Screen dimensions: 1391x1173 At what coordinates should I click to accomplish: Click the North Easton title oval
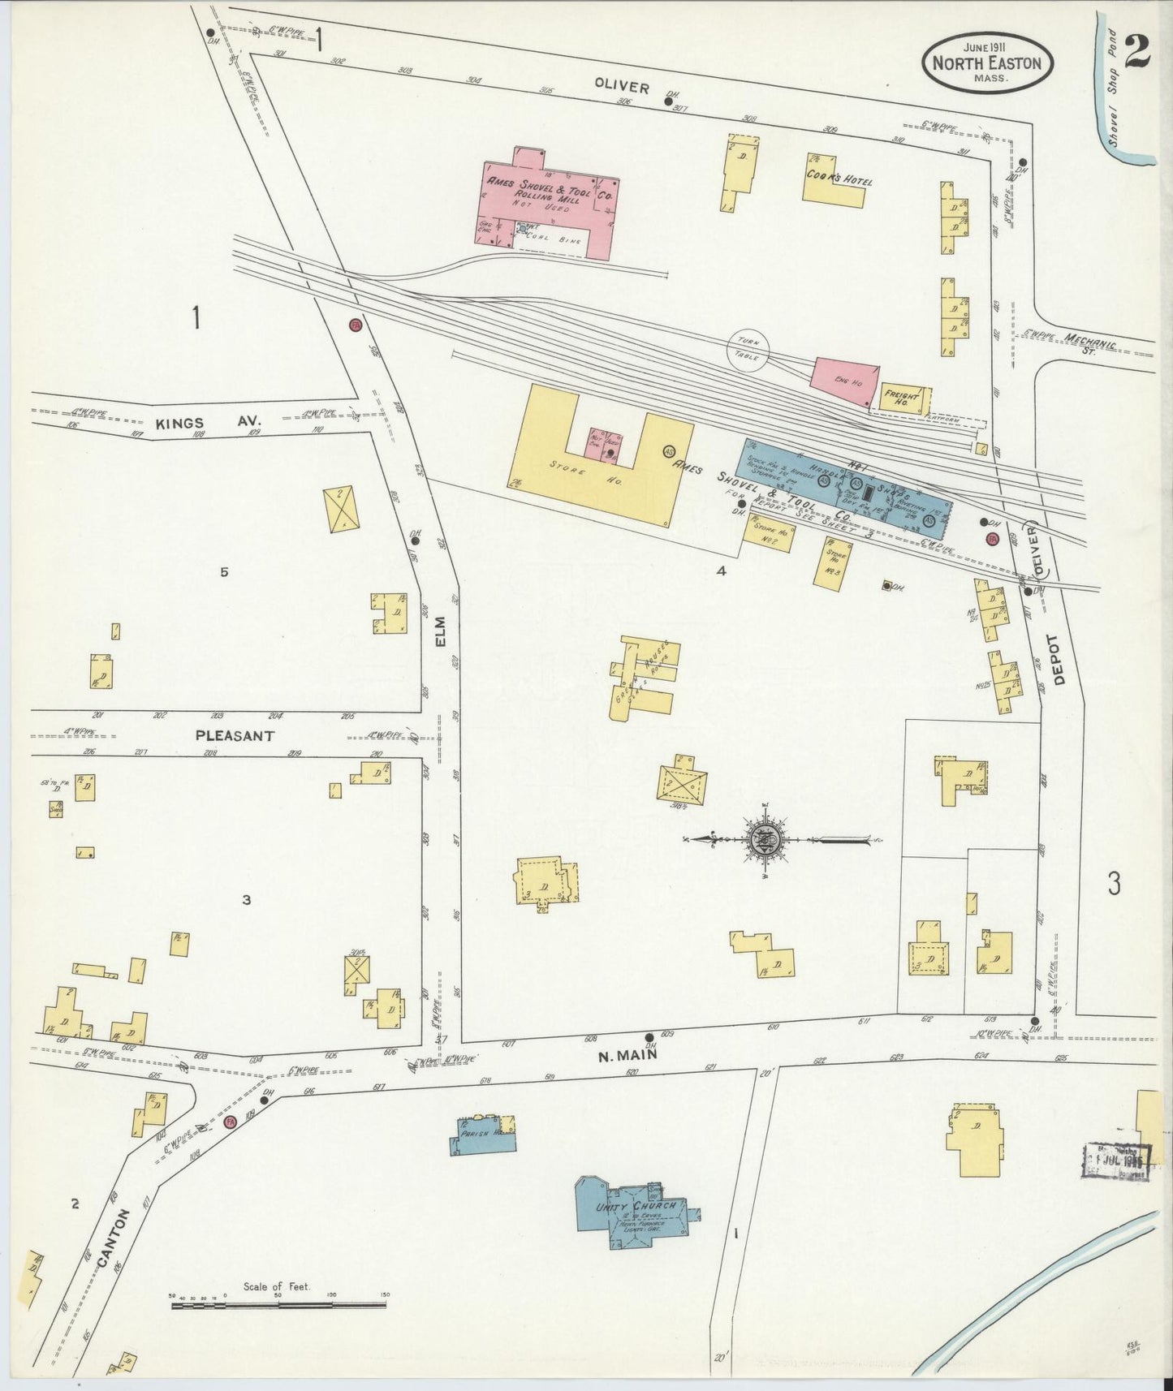tap(986, 62)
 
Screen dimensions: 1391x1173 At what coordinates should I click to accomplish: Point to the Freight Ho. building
tap(903, 396)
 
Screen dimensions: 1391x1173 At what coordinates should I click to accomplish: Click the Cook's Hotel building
tap(836, 178)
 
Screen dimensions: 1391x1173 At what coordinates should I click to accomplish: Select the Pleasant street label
tap(222, 735)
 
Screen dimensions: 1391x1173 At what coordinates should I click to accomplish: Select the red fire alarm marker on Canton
tap(230, 1122)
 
